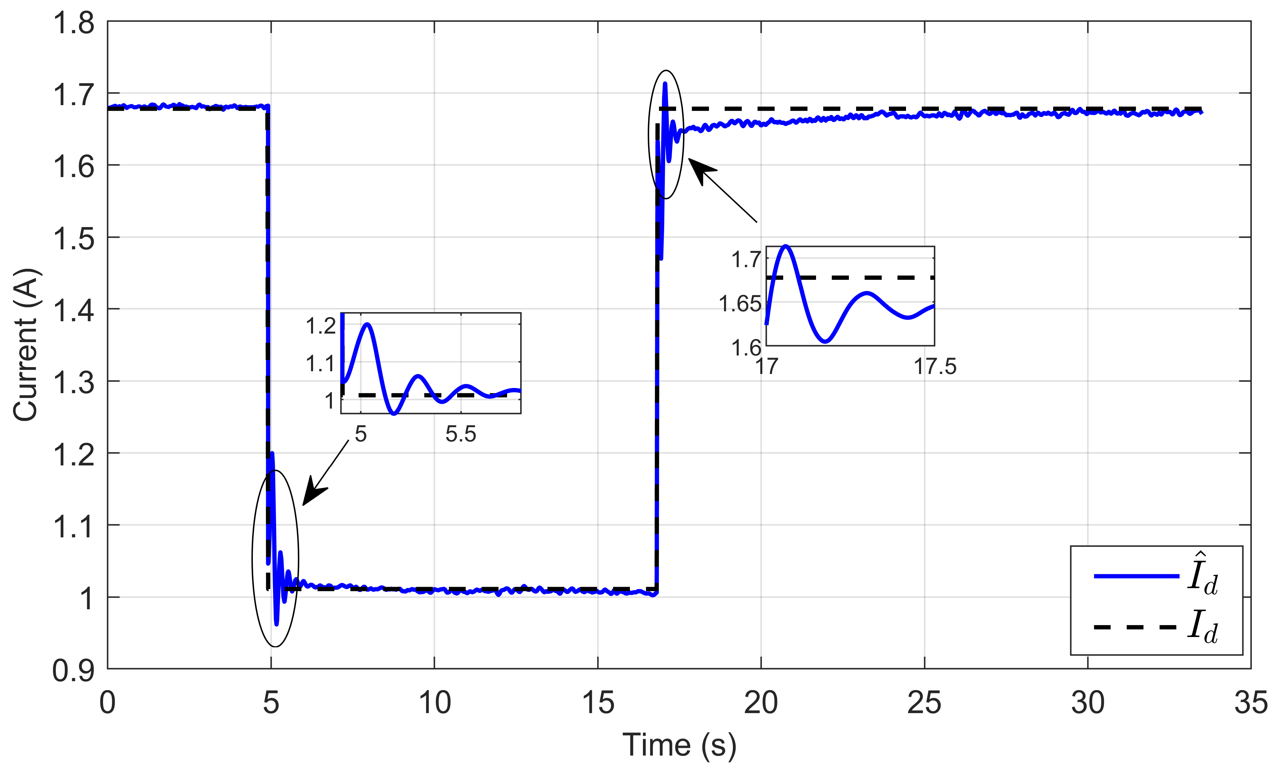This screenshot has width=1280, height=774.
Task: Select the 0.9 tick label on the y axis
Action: tap(74, 671)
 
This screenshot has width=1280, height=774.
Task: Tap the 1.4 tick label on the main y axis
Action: tap(74, 311)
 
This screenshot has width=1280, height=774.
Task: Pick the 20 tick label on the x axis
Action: tap(761, 703)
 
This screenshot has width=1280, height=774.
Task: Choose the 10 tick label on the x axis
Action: tap(434, 703)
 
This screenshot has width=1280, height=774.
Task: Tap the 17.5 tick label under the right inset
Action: tap(934, 366)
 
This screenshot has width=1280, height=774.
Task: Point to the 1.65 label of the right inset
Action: tap(740, 303)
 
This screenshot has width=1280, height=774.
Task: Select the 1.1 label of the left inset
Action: tap(321, 364)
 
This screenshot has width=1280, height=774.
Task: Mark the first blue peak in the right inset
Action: tap(786, 246)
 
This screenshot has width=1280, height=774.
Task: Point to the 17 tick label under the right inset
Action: tap(767, 366)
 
